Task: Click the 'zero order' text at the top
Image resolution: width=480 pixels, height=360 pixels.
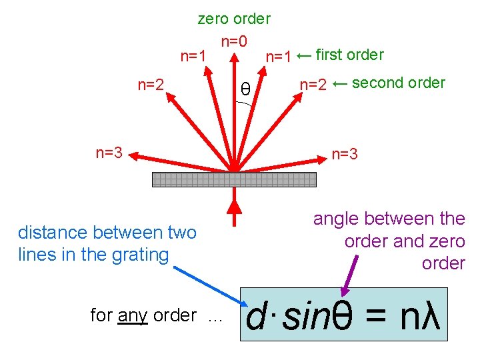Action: [234, 19]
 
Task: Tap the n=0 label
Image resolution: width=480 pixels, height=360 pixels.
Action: [234, 41]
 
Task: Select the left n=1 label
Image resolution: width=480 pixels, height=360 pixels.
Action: [193, 56]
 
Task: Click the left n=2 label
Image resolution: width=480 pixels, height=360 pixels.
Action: [151, 84]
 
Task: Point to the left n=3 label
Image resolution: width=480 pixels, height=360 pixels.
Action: [109, 153]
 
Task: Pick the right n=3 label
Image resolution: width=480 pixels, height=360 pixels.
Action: [345, 155]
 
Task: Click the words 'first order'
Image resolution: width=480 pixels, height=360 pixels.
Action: [349, 55]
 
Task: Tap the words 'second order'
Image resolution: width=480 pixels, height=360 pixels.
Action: [398, 83]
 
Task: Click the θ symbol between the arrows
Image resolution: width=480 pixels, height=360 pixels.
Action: [245, 89]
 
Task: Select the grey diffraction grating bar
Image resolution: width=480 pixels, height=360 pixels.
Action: [234, 179]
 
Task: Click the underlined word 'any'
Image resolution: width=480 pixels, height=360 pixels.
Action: [133, 315]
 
